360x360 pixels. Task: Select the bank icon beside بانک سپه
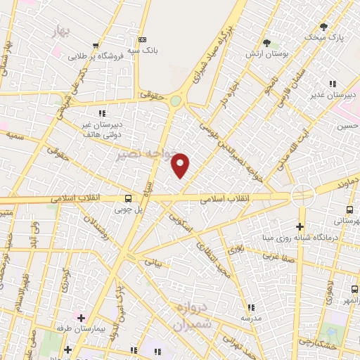pos(143,39)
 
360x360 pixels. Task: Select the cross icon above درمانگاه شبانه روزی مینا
pos(300,226)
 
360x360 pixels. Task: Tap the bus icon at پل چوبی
pos(128,199)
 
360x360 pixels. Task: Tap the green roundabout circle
pos(175,101)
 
